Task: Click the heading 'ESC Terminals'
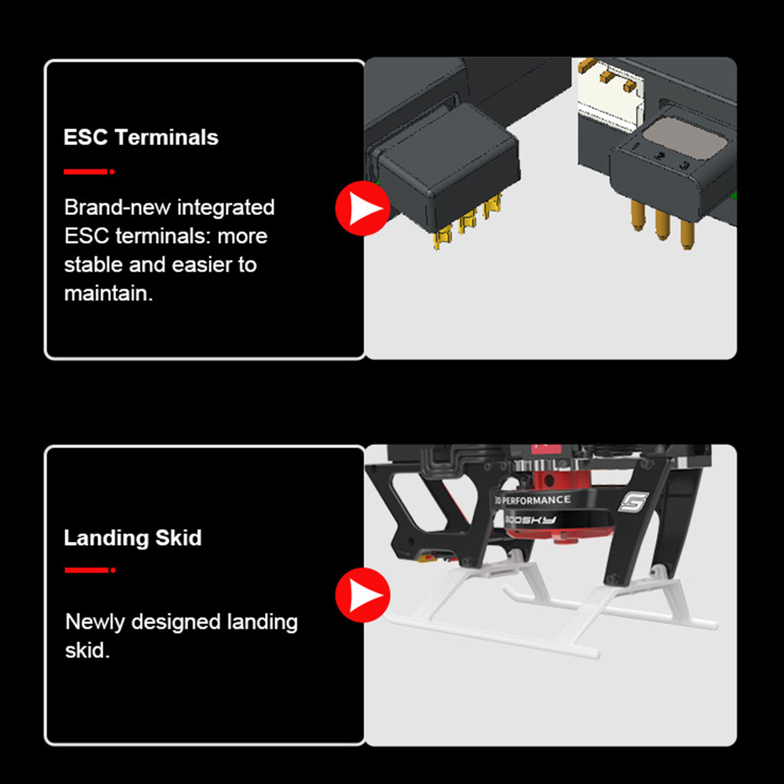click(140, 137)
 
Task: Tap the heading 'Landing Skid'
click(133, 538)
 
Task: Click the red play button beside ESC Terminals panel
click(363, 208)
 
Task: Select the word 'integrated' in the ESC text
click(226, 208)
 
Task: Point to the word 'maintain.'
click(108, 293)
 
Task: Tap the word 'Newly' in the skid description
click(95, 623)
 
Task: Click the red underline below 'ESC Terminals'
click(89, 172)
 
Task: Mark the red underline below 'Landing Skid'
click(90, 570)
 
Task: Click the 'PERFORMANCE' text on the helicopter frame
click(536, 500)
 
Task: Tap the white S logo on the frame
click(634, 502)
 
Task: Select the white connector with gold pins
click(611, 95)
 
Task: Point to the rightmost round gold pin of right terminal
click(687, 234)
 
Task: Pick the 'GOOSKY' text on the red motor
click(530, 520)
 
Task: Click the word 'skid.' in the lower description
click(88, 651)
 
